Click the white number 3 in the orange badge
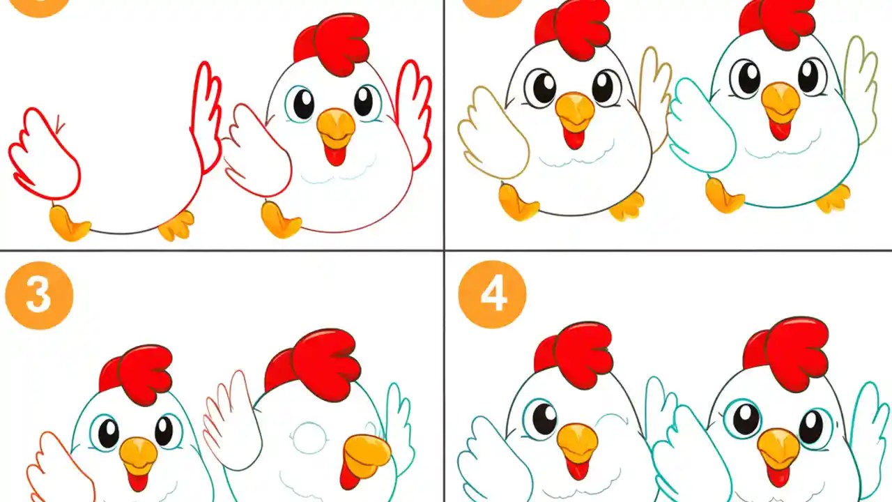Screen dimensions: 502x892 point(38,296)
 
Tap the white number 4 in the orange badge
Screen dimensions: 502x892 point(493,296)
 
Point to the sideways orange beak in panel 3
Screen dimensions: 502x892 point(367,452)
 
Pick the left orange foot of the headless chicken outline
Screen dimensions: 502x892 point(68,223)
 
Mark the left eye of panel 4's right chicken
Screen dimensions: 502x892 point(744,418)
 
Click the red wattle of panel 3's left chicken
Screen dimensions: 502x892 point(138,481)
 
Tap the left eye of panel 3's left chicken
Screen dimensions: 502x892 point(108,433)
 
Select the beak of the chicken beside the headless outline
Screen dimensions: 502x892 point(336,125)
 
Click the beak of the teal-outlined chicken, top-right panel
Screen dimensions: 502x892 point(780,101)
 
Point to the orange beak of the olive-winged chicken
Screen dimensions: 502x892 point(575,110)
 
